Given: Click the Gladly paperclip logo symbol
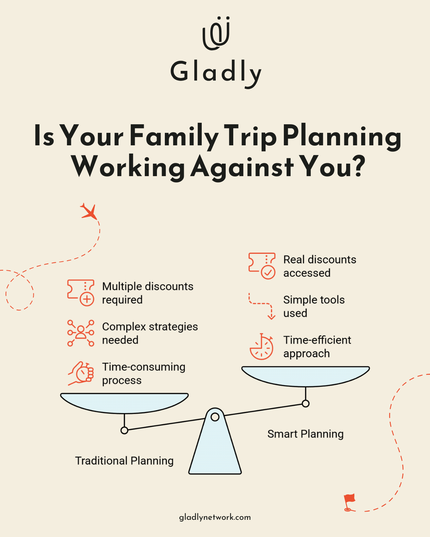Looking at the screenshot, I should tap(216, 33).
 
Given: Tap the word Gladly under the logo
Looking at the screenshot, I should tap(216, 72).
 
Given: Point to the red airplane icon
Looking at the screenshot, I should tap(89, 211).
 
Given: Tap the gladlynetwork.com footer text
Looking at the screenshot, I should tap(215, 517).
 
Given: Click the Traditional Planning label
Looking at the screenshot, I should tap(124, 461).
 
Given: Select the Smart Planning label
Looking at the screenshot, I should tap(305, 434).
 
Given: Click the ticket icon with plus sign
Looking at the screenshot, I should tap(81, 293).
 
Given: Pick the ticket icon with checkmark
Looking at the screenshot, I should tap(262, 266).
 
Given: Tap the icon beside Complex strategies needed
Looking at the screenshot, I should tap(81, 333).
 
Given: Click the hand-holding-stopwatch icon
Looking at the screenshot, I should tap(81, 373).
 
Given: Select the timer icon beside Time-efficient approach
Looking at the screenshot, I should tap(262, 347).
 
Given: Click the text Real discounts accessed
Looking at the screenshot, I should tap(320, 266).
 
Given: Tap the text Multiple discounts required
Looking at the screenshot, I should tap(148, 293).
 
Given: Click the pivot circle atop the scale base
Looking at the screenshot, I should tap(215, 417).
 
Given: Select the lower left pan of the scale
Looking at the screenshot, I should tap(124, 402).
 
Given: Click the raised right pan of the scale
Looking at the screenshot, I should tap(305, 376).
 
